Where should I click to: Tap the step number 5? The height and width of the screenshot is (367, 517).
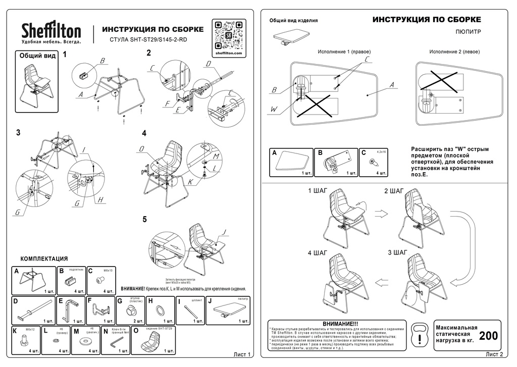145,219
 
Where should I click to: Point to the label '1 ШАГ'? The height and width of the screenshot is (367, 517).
318,191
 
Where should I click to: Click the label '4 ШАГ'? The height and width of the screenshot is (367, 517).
318,252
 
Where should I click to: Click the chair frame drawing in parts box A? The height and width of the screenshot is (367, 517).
34,279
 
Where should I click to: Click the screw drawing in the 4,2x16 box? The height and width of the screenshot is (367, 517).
373,161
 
